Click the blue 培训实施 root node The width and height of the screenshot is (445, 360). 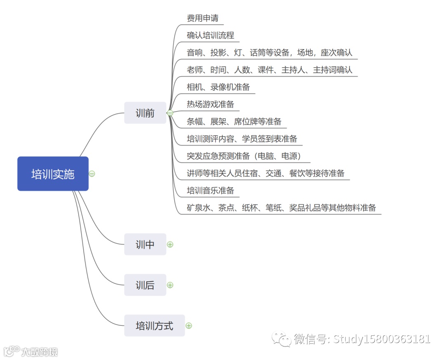53,174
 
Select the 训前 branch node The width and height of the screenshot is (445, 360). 145,113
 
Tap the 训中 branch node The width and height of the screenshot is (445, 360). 145,245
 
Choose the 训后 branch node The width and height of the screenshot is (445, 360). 145,285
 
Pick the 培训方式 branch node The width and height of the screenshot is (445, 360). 155,326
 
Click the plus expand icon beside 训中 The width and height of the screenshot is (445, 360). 170,245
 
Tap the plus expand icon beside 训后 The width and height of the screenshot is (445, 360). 170,285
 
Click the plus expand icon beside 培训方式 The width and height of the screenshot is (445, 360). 189,326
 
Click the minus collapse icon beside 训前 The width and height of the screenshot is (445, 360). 170,113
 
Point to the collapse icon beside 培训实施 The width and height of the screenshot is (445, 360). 92,174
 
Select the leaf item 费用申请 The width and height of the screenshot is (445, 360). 202,18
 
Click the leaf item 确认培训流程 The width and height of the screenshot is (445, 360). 210,35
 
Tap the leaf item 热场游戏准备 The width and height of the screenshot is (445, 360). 210,104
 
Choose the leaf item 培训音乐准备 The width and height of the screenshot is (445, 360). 210,191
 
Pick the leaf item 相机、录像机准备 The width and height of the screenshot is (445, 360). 218,87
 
